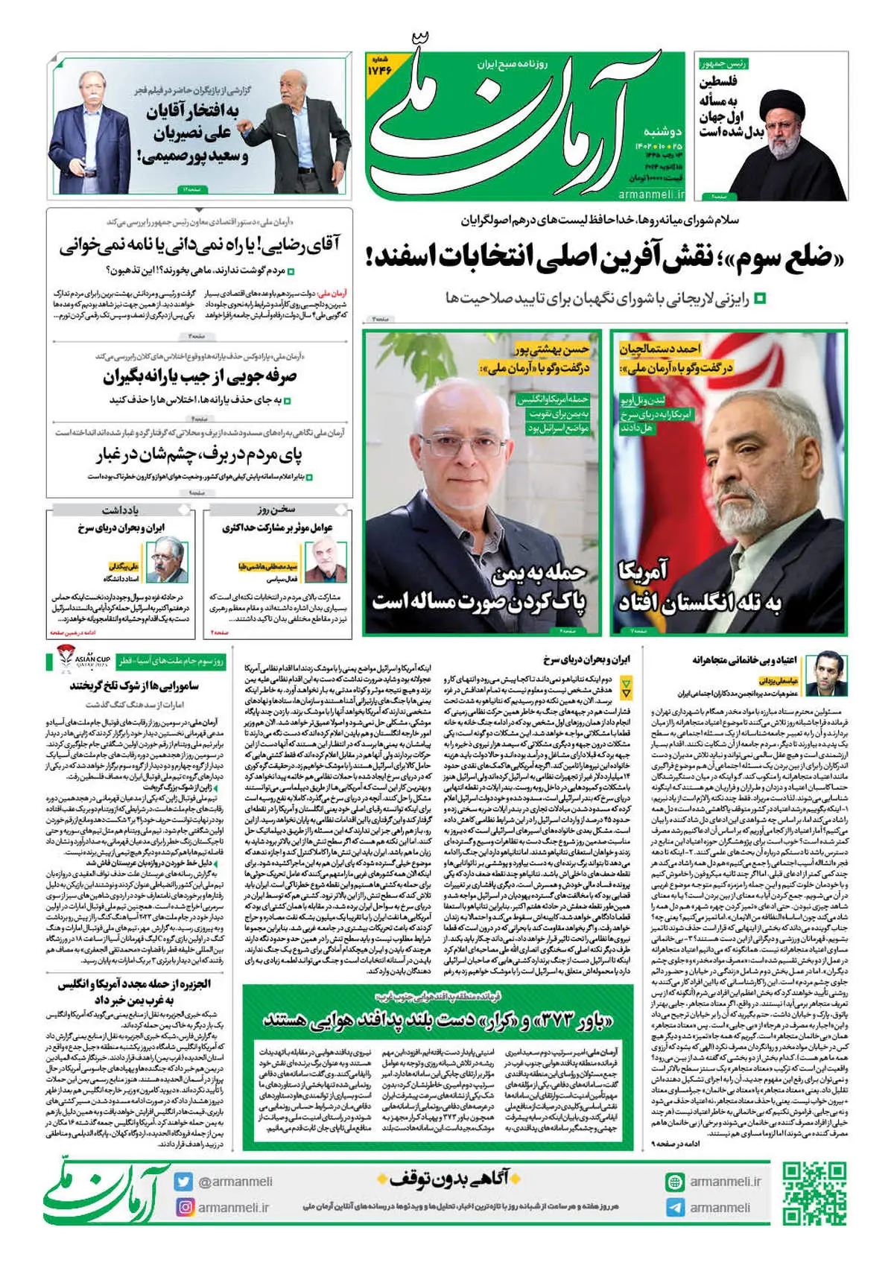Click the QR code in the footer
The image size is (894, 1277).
tap(815, 1194)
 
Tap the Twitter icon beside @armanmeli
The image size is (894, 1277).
tap(184, 1182)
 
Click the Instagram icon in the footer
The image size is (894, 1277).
tap(184, 1206)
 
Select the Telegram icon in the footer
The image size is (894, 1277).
tap(675, 1207)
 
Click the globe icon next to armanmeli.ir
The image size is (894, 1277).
tap(675, 1182)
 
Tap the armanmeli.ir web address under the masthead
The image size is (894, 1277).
tap(651, 194)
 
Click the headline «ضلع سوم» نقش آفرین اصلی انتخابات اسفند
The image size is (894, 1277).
tap(606, 257)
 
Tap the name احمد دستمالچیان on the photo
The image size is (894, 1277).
tap(660, 348)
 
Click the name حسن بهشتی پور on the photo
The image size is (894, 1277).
tap(552, 349)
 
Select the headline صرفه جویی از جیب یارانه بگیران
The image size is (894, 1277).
tap(200, 376)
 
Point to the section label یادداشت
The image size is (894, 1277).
tap(120, 510)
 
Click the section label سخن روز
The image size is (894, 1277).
tap(277, 510)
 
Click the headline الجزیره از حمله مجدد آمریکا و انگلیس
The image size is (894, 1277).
tap(134, 992)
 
